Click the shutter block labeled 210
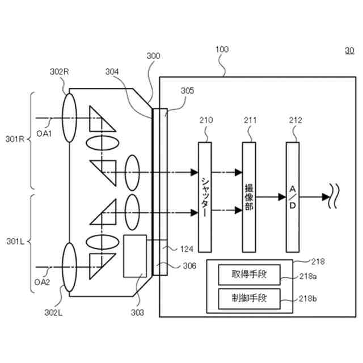pyautogui.click(x=205, y=197)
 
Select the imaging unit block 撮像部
pyautogui.click(x=249, y=197)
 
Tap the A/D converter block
pyautogui.click(x=293, y=197)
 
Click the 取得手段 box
pyautogui.click(x=250, y=275)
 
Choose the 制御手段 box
pyautogui.click(x=250, y=299)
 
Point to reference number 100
pyautogui.click(x=222, y=49)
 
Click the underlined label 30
pyautogui.click(x=349, y=50)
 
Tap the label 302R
pyautogui.click(x=60, y=72)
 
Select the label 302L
pyautogui.click(x=53, y=313)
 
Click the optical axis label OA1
pyautogui.click(x=44, y=134)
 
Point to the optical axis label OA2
pyautogui.click(x=42, y=282)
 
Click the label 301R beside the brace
pyautogui.click(x=15, y=139)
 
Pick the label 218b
pyautogui.click(x=307, y=299)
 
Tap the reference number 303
pyautogui.click(x=137, y=313)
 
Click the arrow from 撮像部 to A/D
pyautogui.click(x=271, y=197)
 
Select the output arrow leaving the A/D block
pyautogui.click(x=314, y=197)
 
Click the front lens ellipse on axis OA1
pyautogui.click(x=69, y=118)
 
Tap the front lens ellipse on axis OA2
pyautogui.click(x=69, y=267)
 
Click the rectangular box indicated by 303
pyautogui.click(x=135, y=256)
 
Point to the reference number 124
pyautogui.click(x=187, y=249)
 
